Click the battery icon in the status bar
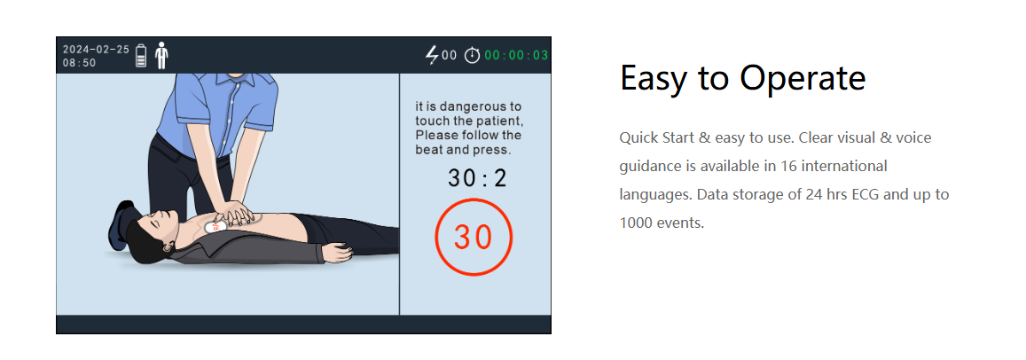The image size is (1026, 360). tap(141, 56)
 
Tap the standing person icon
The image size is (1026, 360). tap(161, 56)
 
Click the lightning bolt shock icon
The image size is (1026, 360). tap(432, 56)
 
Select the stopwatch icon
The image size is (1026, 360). tap(472, 56)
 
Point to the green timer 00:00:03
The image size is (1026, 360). tap(516, 56)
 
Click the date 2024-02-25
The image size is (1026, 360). tap(96, 49)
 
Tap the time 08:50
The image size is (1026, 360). tap(79, 63)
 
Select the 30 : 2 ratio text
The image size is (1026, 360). tap(478, 178)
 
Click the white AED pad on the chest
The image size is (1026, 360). tap(214, 227)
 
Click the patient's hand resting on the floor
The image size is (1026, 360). tap(339, 252)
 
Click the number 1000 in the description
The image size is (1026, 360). tap(633, 223)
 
